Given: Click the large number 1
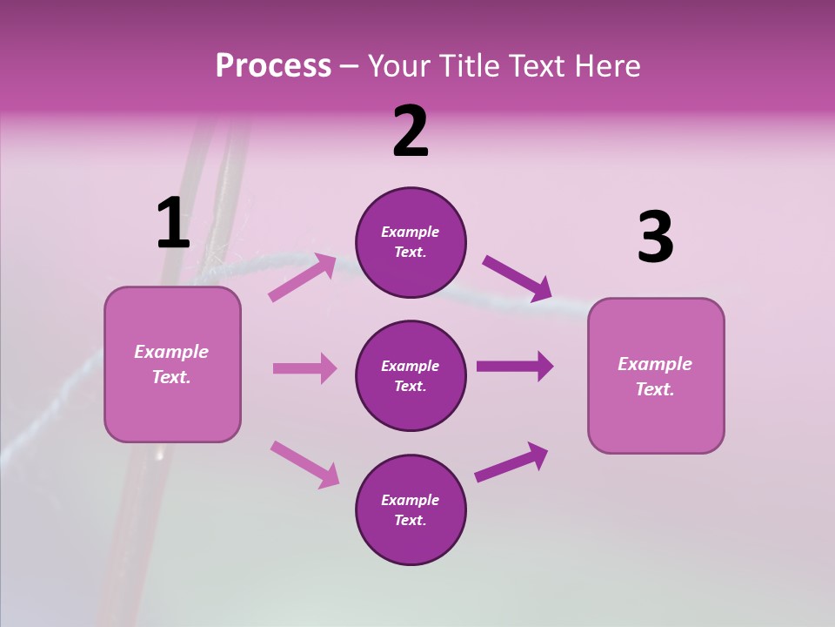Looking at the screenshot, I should (x=173, y=224).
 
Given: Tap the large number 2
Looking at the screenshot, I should (x=411, y=131).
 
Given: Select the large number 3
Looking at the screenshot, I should (x=655, y=239).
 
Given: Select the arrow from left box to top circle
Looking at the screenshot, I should (x=303, y=277).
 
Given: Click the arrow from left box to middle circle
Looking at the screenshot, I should (x=304, y=368).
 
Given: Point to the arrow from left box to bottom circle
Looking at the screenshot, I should (x=304, y=463).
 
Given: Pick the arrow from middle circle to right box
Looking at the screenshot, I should (x=515, y=366).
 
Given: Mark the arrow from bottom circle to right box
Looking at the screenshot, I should (x=511, y=462).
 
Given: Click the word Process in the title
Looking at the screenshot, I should (x=274, y=66).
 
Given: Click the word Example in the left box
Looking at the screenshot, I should (x=171, y=352).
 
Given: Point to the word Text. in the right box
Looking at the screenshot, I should (x=655, y=389).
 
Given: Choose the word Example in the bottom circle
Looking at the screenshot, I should (x=410, y=500).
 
